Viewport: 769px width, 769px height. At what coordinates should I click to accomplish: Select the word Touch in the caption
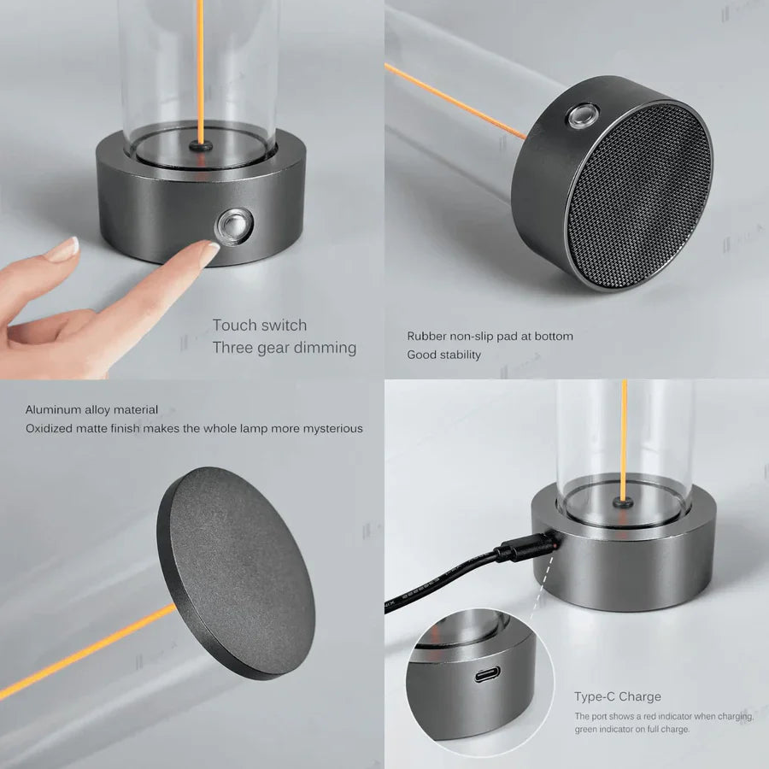tap(234, 326)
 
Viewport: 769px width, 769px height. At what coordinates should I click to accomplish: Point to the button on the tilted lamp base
tap(583, 115)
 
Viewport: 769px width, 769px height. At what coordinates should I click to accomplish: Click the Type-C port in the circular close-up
tap(487, 674)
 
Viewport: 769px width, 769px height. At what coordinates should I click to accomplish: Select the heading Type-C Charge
tap(618, 696)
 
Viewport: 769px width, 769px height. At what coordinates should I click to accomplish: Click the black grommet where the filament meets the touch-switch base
tap(201, 145)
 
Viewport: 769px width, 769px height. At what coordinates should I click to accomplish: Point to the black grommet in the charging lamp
tap(623, 502)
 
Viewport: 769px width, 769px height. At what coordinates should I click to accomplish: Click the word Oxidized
tap(48, 429)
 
